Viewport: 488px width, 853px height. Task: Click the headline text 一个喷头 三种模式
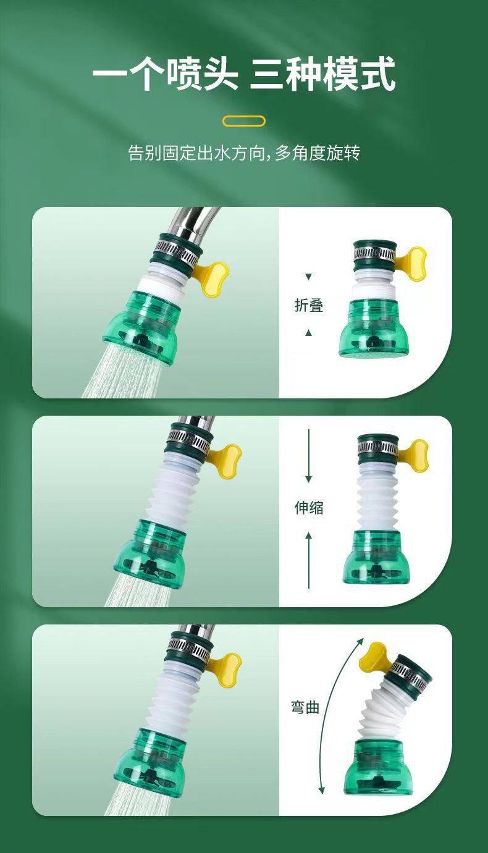pyautogui.click(x=243, y=75)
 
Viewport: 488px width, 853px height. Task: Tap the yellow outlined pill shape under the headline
pyautogui.click(x=243, y=121)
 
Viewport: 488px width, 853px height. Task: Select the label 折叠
pyautogui.click(x=308, y=305)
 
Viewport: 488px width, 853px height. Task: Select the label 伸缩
pyautogui.click(x=308, y=508)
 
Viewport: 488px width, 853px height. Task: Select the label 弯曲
pyautogui.click(x=305, y=708)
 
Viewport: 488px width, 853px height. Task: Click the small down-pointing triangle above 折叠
pyautogui.click(x=309, y=277)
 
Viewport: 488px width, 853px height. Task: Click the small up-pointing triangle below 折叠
pyautogui.click(x=309, y=333)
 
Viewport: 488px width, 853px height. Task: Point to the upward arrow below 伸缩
pyautogui.click(x=309, y=559)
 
